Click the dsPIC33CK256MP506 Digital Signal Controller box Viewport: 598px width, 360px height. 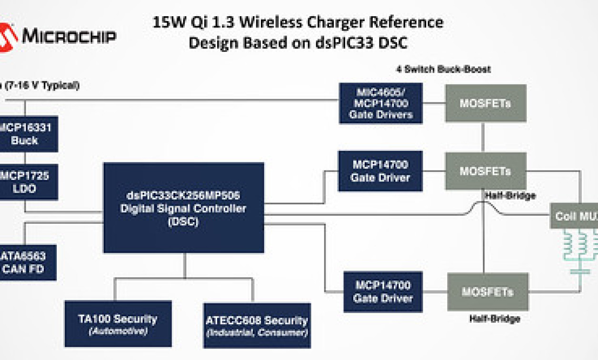click(x=184, y=208)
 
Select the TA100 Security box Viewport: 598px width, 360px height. click(x=118, y=324)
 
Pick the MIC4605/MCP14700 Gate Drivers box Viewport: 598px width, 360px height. click(x=380, y=103)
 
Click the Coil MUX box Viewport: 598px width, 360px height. click(x=574, y=216)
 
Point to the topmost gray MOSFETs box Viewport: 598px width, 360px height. click(x=485, y=103)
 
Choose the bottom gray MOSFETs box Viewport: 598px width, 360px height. click(x=488, y=291)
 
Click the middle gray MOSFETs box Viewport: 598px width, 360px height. click(x=485, y=171)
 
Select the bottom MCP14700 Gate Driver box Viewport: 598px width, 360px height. click(x=383, y=291)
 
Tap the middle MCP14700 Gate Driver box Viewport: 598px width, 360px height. click(x=380, y=171)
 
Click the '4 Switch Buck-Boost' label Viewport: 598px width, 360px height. click(x=443, y=70)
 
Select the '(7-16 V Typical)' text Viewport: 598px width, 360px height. click(x=43, y=86)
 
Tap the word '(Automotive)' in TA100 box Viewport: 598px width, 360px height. click(x=118, y=331)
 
